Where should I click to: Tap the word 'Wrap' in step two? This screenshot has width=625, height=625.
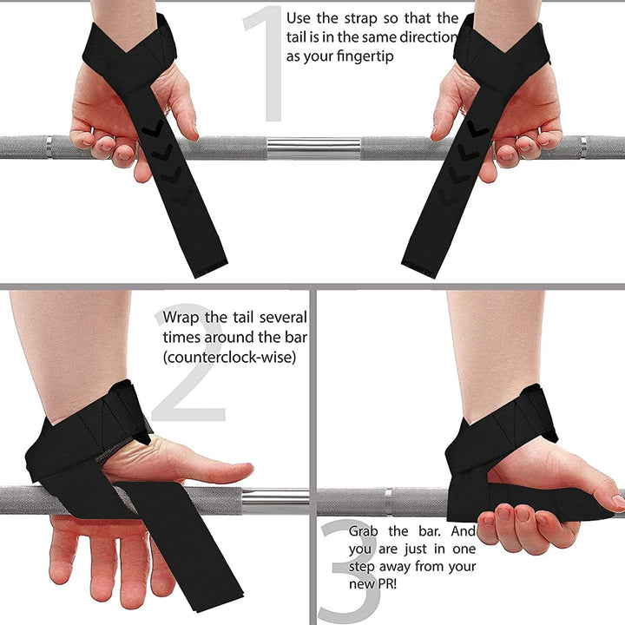181,317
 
